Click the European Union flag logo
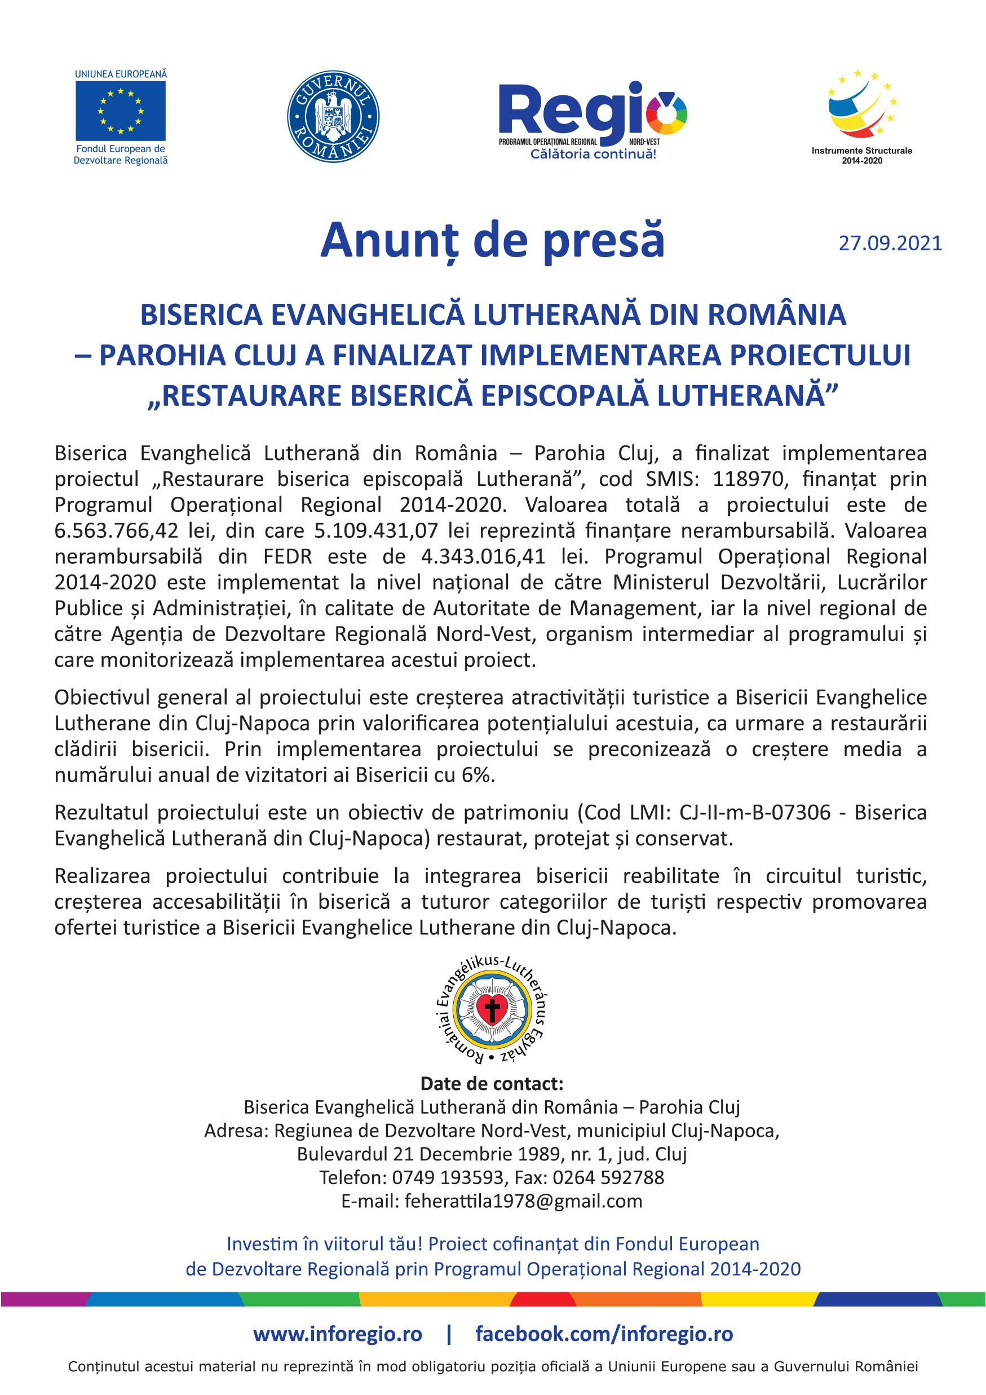(x=120, y=110)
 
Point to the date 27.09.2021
(x=890, y=244)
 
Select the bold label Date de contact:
(x=492, y=1084)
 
